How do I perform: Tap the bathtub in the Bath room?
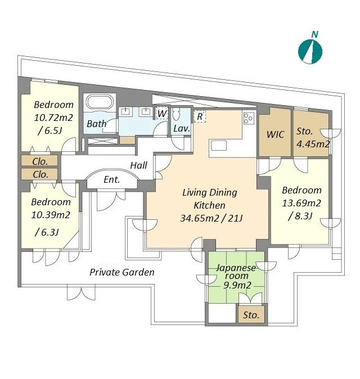(100, 102)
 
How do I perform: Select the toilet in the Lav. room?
(176, 114)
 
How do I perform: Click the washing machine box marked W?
(162, 113)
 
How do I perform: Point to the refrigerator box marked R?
(200, 116)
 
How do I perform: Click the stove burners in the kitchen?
(249, 118)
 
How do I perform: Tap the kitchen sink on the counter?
(219, 146)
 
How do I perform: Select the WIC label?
(275, 134)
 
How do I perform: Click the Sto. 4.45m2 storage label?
(313, 138)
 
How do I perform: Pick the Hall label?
(138, 165)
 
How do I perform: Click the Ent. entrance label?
(111, 179)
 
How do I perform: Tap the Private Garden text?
(122, 272)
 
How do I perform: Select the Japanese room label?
(236, 272)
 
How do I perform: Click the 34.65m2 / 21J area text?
(211, 218)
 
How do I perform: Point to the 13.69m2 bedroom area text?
(301, 203)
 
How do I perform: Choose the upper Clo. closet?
(39, 161)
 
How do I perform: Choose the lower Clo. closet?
(39, 174)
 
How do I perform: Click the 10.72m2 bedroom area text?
(53, 118)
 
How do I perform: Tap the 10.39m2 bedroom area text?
(51, 215)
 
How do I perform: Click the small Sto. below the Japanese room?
(251, 315)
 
